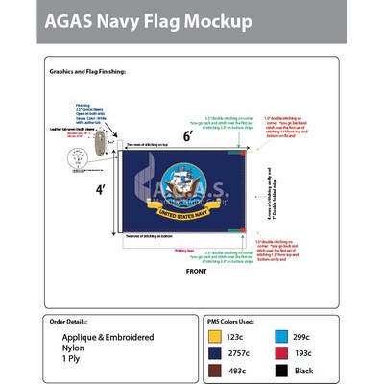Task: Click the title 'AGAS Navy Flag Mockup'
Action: (146, 21)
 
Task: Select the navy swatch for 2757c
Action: (218, 352)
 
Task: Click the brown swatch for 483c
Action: (218, 371)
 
